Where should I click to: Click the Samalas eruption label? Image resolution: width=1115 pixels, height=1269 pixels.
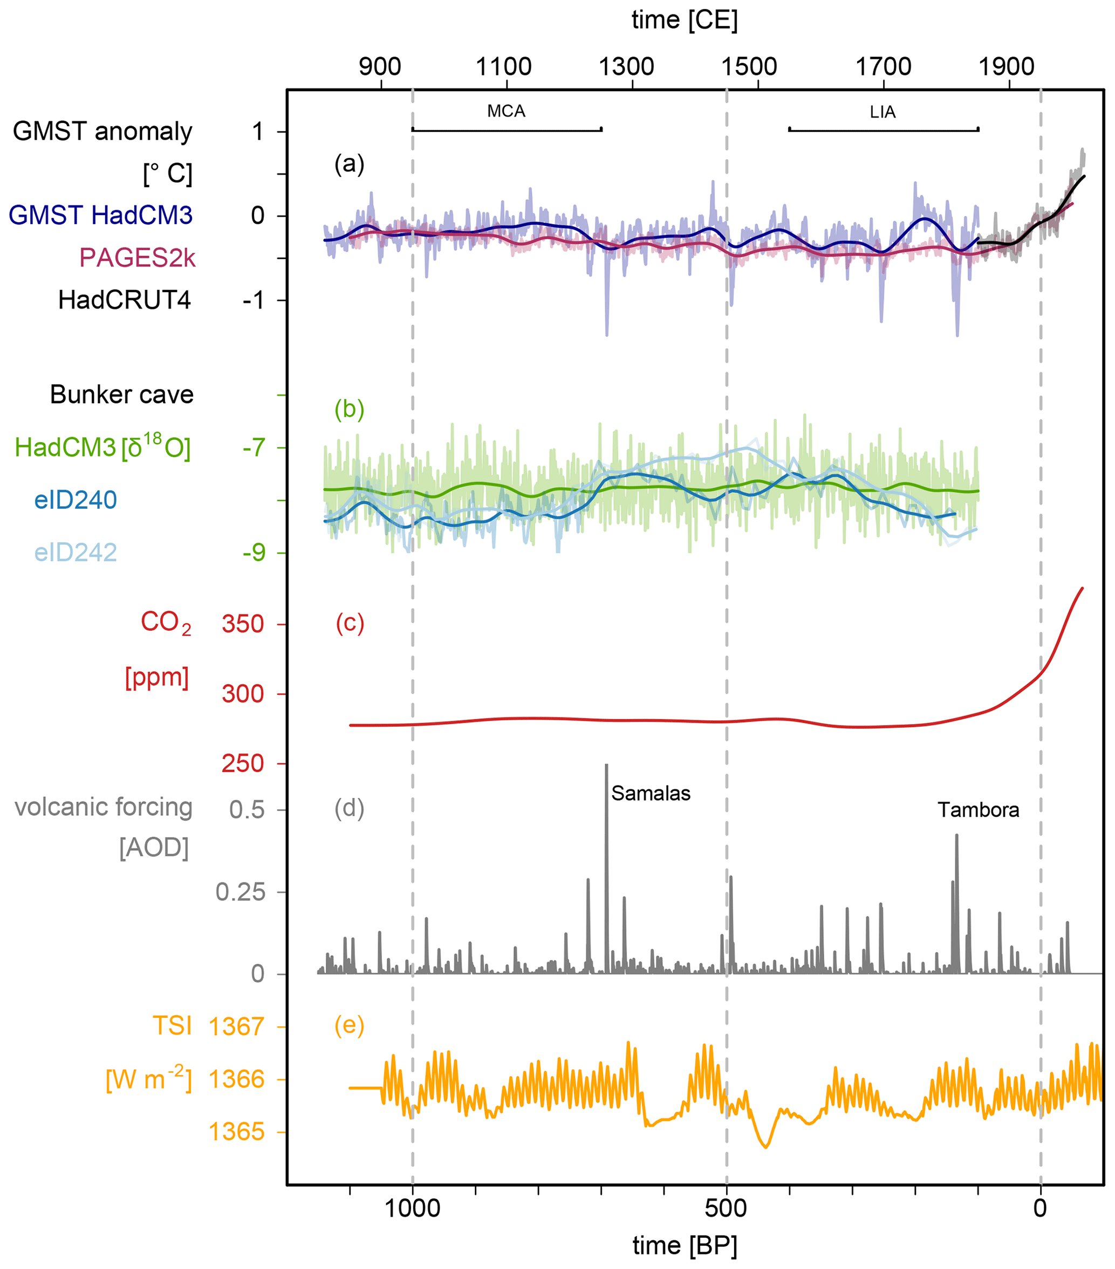tap(651, 794)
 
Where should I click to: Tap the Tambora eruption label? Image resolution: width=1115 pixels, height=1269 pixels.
tap(978, 810)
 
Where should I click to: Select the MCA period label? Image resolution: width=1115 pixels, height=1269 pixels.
tap(505, 111)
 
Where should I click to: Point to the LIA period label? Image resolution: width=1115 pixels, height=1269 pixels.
tap(882, 112)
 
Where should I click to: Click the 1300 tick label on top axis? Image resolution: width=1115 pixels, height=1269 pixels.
tap(626, 66)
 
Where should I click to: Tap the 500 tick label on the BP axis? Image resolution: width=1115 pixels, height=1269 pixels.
tap(726, 1208)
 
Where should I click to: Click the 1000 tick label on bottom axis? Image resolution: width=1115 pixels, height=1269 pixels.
tap(413, 1208)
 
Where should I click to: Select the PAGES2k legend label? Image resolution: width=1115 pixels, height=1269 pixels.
tap(137, 258)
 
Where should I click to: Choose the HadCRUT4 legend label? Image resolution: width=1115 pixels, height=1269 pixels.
tap(124, 300)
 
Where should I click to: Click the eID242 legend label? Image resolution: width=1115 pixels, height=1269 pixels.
tap(76, 552)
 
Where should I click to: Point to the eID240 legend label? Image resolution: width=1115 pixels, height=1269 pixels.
tap(76, 500)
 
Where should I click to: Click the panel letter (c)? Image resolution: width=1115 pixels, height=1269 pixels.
tap(350, 623)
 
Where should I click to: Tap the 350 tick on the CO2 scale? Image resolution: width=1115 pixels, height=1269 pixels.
tap(243, 624)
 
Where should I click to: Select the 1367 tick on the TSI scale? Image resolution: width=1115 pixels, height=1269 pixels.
tap(237, 1027)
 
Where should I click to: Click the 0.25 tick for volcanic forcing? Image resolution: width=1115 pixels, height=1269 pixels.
tap(241, 893)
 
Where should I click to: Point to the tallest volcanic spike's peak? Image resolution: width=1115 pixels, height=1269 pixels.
tap(606, 765)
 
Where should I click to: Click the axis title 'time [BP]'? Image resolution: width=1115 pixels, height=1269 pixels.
tap(685, 1245)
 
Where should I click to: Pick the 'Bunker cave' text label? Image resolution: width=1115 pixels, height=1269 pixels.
tap(122, 395)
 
